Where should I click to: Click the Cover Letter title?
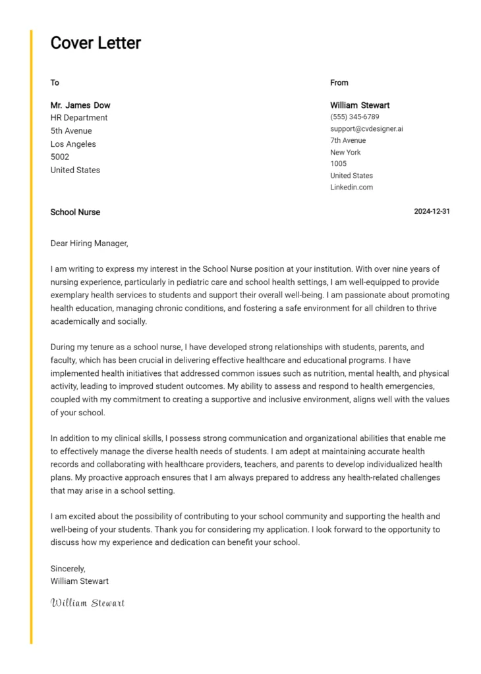pyautogui.click(x=96, y=43)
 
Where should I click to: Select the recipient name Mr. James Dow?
pyautogui.click(x=80, y=105)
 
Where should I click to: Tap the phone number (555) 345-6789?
pyautogui.click(x=354, y=117)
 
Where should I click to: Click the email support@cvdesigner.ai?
pyautogui.click(x=366, y=129)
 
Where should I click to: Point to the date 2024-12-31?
pyautogui.click(x=432, y=212)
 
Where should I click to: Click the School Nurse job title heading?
pyautogui.click(x=75, y=213)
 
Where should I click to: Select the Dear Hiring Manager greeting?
pyautogui.click(x=89, y=244)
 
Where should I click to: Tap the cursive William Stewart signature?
pyautogui.click(x=88, y=603)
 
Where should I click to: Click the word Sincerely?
pyautogui.click(x=68, y=569)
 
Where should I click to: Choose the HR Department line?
pyautogui.click(x=79, y=118)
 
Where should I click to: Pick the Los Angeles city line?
pyautogui.click(x=73, y=144)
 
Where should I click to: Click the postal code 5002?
pyautogui.click(x=60, y=157)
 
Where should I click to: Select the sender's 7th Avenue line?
pyautogui.click(x=348, y=141)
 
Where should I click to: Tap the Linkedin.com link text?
pyautogui.click(x=351, y=188)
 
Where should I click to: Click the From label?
pyautogui.click(x=339, y=83)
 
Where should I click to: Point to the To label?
pyautogui.click(x=55, y=83)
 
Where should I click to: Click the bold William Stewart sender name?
pyautogui.click(x=360, y=105)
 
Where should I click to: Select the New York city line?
pyautogui.click(x=345, y=153)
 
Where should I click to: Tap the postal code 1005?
pyautogui.click(x=338, y=164)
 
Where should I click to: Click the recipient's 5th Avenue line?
pyautogui.click(x=71, y=131)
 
